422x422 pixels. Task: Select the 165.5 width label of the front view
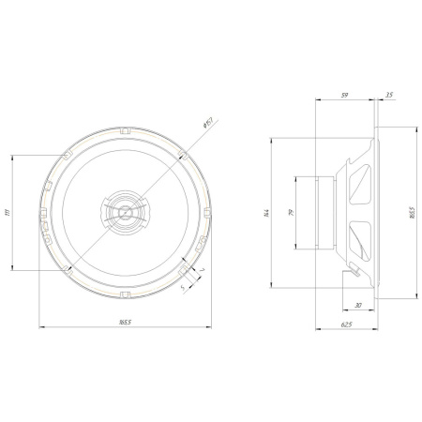pos(125,322)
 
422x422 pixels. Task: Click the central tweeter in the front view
pos(123,213)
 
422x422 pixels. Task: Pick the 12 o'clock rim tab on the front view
pos(123,129)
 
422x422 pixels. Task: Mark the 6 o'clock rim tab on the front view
pos(123,295)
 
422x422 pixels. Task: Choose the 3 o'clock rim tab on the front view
pos(206,213)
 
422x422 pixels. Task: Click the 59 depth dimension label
pos(345,94)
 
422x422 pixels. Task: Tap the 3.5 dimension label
pos(388,94)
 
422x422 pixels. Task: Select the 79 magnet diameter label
pos(291,214)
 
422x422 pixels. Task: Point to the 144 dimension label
pos(266,214)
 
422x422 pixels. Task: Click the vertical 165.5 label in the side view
pos(414,214)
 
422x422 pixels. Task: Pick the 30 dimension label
pos(360,304)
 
